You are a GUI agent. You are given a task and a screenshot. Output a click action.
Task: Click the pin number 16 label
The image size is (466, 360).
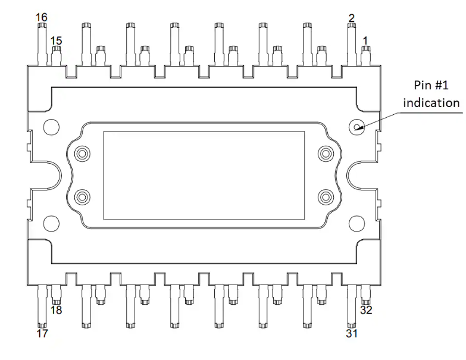point(42,17)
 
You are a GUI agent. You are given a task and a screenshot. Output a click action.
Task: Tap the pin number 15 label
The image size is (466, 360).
point(56,40)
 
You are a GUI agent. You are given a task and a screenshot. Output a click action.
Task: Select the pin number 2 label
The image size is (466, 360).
point(352,18)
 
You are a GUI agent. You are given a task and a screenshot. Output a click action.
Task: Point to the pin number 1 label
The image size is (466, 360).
point(365,40)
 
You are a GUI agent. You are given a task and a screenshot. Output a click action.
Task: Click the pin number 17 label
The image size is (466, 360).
point(42,333)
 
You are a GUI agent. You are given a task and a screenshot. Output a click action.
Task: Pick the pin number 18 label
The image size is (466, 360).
point(56,310)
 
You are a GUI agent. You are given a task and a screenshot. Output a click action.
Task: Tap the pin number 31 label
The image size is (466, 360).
point(352,333)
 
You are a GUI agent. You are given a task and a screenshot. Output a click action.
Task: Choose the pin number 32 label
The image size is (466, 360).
point(366,310)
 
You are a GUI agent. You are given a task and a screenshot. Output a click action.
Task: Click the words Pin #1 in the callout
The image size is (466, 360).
point(431,85)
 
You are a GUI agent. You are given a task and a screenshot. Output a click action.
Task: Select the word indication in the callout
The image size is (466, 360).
point(431,103)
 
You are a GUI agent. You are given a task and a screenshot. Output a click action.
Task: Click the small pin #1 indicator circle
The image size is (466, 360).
point(356,127)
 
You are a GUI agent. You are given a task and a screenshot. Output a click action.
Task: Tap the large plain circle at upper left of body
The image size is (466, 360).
point(51,127)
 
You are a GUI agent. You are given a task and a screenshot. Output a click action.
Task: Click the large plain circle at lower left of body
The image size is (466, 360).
point(51,223)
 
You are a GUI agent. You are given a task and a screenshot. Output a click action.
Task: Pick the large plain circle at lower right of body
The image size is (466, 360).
point(356,223)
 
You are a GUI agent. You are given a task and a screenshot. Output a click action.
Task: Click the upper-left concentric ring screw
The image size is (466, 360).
point(82,154)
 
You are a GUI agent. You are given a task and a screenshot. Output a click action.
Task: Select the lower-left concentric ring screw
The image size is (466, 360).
point(82,197)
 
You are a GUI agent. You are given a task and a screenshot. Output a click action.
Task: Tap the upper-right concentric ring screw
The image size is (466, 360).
point(326,154)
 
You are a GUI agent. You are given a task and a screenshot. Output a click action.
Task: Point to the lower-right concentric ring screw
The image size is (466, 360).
point(326,197)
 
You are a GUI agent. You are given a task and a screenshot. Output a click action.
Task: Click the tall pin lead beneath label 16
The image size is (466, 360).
point(42,44)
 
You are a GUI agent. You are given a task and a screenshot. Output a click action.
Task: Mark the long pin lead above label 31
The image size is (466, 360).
point(352,306)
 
